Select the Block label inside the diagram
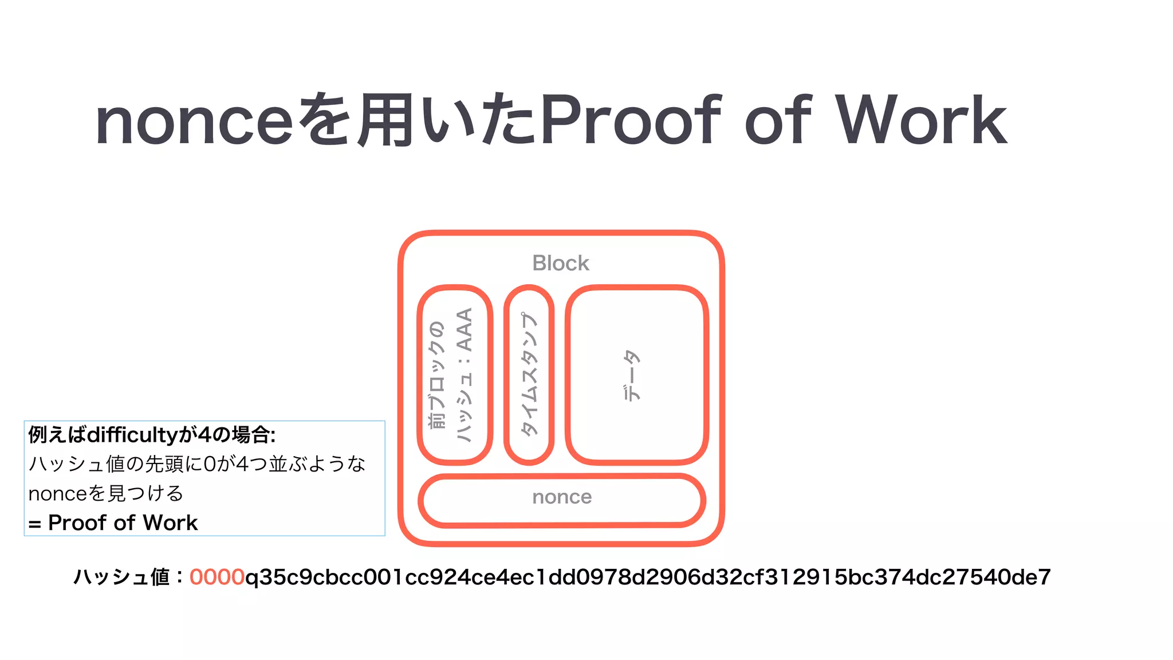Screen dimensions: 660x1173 pyautogui.click(x=560, y=263)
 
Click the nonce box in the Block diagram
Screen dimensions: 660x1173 pyautogui.click(x=561, y=500)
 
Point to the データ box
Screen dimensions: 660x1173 pyautogui.click(x=636, y=374)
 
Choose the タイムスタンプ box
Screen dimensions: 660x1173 pyautogui.click(x=529, y=374)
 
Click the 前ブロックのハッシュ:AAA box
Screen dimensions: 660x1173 pyautogui.click(x=455, y=374)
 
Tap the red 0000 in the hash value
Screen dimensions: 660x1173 pyautogui.click(x=217, y=577)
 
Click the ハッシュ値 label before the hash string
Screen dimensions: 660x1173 pyautogui.click(x=121, y=577)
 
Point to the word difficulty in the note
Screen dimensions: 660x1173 pyautogui.click(x=132, y=435)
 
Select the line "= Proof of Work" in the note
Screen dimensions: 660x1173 pyautogui.click(x=113, y=522)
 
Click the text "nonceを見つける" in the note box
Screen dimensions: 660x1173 pyautogui.click(x=106, y=493)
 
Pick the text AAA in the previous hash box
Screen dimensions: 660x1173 pyautogui.click(x=465, y=330)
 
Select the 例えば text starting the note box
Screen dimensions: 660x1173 pyautogui.click(x=57, y=435)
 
